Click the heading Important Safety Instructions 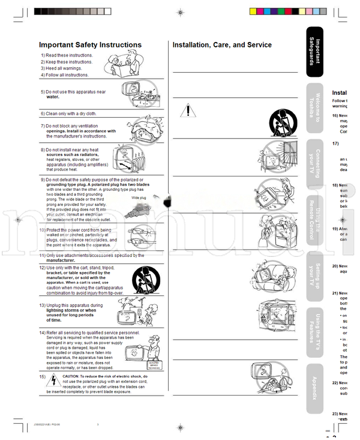pos(90,45)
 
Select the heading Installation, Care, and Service pos(222,45)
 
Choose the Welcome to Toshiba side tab pos(314,110)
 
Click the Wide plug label pos(139,197)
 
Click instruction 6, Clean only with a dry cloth pos(68,113)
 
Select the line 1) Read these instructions pos(67,55)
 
